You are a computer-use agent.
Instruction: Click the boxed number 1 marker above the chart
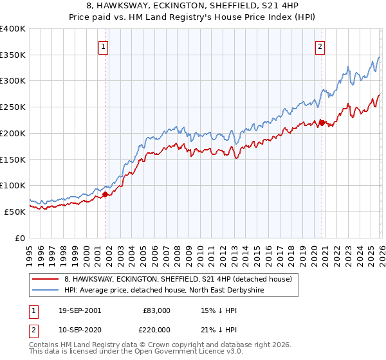click(x=104, y=46)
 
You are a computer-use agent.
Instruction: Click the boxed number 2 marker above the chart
click(x=320, y=46)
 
